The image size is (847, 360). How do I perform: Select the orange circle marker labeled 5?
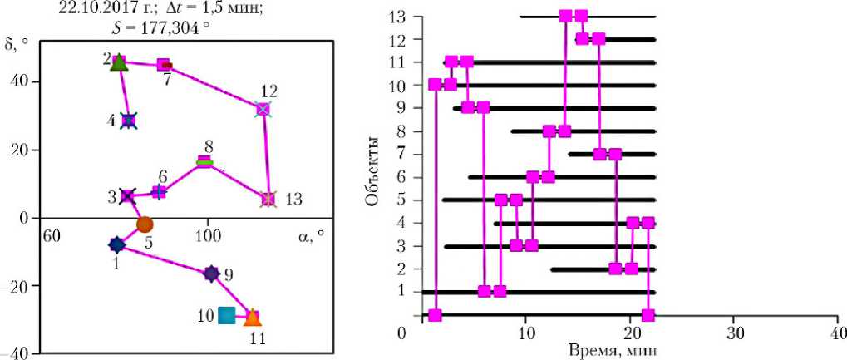point(145,224)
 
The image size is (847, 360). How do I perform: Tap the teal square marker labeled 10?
point(226,315)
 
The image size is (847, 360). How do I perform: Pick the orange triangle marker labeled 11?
point(254,317)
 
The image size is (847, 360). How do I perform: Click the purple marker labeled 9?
point(211,274)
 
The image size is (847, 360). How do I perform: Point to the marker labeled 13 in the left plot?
point(268,199)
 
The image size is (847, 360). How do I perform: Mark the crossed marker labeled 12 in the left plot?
point(263,109)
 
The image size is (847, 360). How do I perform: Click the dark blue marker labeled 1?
point(116,244)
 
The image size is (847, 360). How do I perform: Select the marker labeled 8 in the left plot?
point(204,162)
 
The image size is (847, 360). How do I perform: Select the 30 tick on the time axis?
point(733,333)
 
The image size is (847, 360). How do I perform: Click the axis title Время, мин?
point(613,350)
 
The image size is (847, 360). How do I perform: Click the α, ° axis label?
point(308,235)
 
